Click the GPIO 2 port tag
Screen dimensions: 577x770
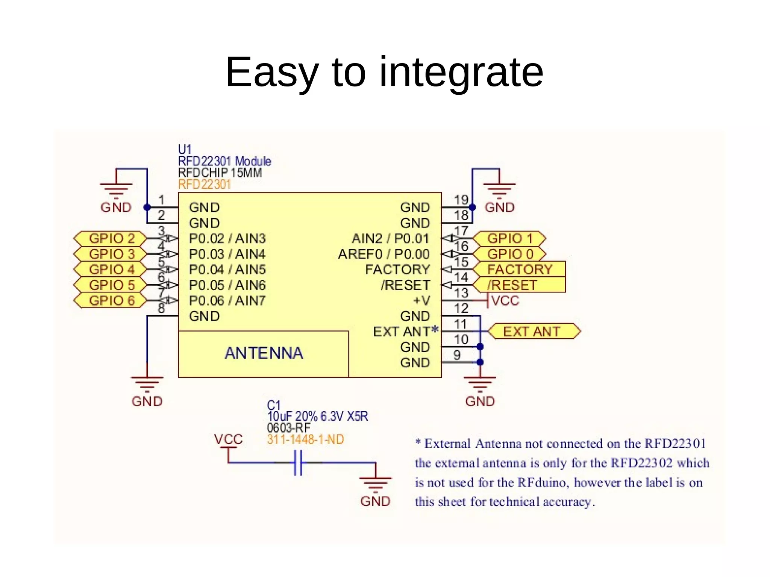(x=111, y=238)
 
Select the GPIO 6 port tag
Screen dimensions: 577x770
(x=111, y=300)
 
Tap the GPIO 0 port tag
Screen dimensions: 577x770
(x=509, y=254)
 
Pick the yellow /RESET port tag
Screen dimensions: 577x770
(x=519, y=285)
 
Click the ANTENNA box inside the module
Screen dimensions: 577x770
(x=263, y=353)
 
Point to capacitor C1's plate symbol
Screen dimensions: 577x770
(x=298, y=462)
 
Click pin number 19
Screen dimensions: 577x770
(x=461, y=200)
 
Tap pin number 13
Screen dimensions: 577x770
(x=461, y=293)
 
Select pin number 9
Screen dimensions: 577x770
(x=457, y=355)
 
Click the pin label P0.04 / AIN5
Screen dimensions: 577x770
(x=227, y=270)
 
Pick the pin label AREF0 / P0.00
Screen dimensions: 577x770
(x=384, y=254)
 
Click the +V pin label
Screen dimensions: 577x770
(x=421, y=301)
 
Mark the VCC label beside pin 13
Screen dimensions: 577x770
(x=505, y=301)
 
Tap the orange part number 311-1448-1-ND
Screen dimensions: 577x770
(x=305, y=439)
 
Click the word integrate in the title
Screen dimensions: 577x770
(x=461, y=72)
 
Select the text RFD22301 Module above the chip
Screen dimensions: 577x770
(x=224, y=161)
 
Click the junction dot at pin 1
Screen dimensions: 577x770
(x=147, y=207)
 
